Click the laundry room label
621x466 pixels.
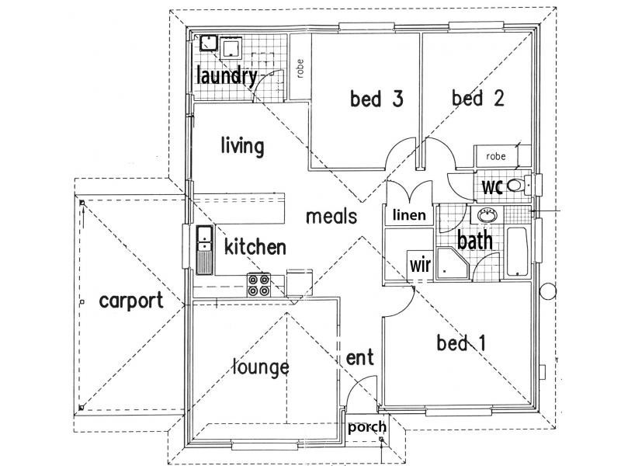tap(227, 76)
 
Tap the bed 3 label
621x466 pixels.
tap(376, 99)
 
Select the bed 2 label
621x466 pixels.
tap(478, 98)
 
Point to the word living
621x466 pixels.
tap(242, 146)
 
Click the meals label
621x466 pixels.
tap(331, 217)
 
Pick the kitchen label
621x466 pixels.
tap(255, 247)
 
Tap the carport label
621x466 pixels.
tap(131, 301)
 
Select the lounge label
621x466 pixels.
tap(261, 367)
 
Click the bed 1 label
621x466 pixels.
tap(461, 343)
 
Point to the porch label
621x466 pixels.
tap(367, 427)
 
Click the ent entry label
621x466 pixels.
tap(359, 357)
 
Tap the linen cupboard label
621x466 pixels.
tap(410, 215)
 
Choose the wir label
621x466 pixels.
tap(420, 264)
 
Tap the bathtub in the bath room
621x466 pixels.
tap(517, 251)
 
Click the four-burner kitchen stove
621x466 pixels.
tap(259, 285)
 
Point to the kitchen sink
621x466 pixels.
tap(205, 250)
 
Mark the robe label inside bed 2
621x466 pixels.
tap(496, 156)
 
